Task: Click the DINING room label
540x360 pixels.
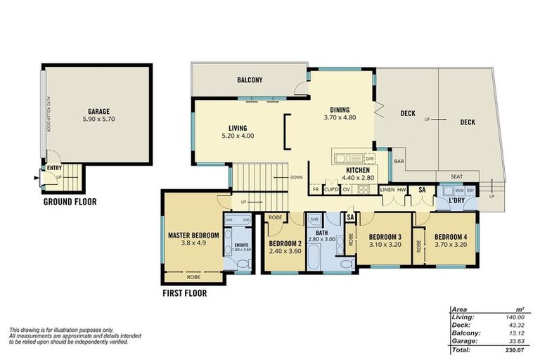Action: [x=345, y=109]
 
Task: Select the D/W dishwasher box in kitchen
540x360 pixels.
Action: [x=369, y=159]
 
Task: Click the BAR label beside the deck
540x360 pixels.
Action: [x=398, y=161]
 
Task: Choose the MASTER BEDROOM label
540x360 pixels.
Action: [x=193, y=235]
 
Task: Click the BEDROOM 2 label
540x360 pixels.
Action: [x=285, y=244]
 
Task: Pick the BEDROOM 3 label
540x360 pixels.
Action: [x=385, y=236]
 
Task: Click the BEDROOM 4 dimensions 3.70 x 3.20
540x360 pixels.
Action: [x=450, y=245]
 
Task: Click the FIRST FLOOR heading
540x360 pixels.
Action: [x=184, y=293]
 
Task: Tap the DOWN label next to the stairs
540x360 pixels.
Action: [x=296, y=177]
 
